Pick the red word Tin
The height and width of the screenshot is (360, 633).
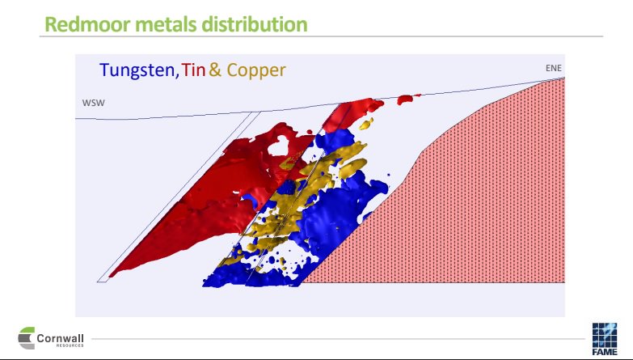(194, 70)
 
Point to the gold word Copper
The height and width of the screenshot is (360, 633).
(255, 70)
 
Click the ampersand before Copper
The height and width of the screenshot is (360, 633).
(215, 70)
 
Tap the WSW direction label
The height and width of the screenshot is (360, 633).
(94, 104)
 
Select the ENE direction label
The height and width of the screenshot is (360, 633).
(554, 68)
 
